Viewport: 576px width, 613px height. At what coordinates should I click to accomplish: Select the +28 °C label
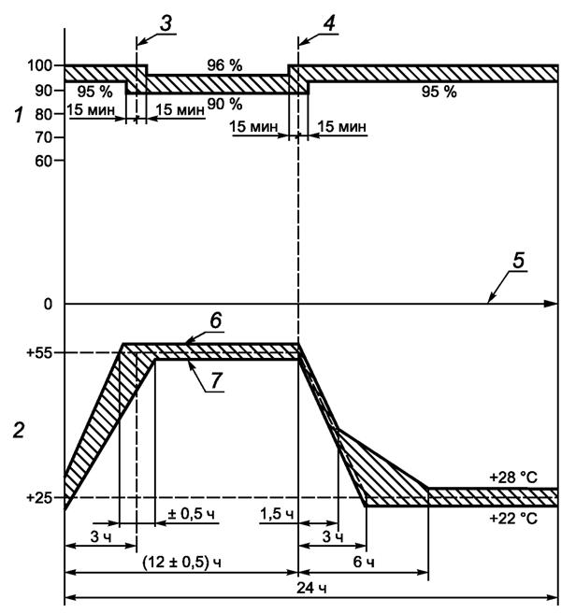[513, 477]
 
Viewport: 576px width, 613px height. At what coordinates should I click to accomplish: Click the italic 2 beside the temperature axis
[16, 433]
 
